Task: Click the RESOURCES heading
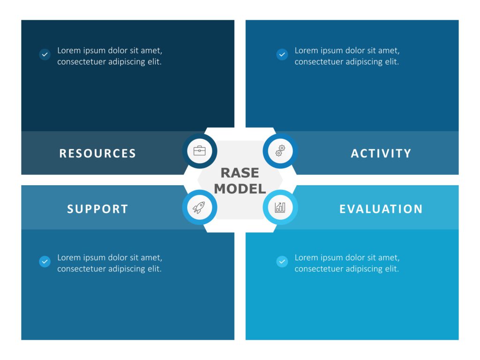97,153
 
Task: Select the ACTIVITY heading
381,153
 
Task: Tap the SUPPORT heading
97,209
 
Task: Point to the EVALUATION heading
381,209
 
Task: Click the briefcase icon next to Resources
199,151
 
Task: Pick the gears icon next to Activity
280,151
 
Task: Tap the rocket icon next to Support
199,207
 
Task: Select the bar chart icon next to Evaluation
280,207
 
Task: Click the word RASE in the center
240,173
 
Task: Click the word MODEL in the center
240,189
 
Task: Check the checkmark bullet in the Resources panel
45,54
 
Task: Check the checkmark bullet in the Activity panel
282,54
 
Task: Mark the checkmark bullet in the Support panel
45,262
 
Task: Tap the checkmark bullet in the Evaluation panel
282,262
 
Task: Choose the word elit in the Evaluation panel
391,269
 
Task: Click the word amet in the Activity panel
389,51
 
